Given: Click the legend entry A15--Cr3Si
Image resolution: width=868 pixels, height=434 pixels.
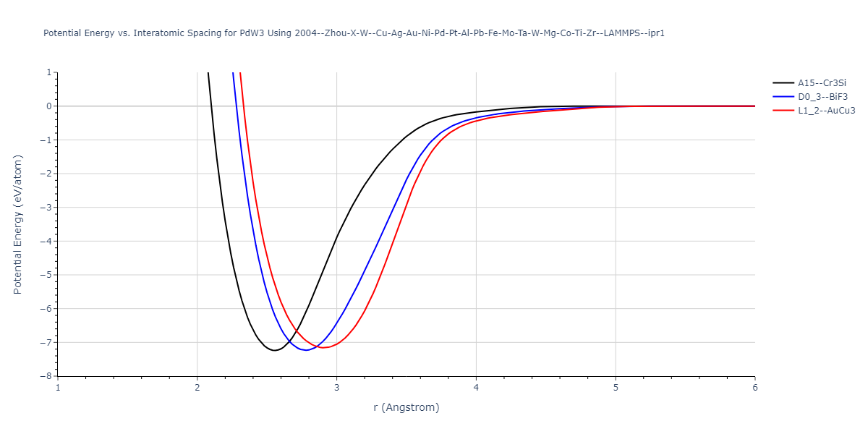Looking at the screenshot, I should click(822, 83).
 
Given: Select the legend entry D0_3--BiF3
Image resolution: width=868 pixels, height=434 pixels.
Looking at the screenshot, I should click(822, 97).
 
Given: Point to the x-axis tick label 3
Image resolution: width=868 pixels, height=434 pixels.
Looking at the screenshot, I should click(336, 387).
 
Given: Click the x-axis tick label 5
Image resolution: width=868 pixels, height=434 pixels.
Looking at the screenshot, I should click(616, 387).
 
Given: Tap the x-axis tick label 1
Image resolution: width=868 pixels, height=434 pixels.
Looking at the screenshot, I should click(58, 387).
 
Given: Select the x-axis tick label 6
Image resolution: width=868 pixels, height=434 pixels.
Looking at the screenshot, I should click(754, 387).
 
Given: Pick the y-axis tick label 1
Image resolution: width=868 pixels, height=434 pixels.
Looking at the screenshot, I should click(48, 72).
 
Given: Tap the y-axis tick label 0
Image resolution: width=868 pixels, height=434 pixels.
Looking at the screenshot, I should click(48, 106).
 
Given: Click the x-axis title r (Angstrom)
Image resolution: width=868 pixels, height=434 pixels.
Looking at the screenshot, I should click(406, 407).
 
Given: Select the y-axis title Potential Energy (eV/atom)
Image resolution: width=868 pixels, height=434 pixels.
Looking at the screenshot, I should click(18, 224).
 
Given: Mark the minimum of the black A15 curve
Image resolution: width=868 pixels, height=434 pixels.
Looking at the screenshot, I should click(274, 351).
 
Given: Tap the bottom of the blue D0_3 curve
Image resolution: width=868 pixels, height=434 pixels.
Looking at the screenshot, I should click(306, 350).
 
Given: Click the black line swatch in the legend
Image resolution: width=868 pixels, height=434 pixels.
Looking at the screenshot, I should click(783, 83).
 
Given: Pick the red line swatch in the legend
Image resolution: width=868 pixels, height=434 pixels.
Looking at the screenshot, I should click(783, 111).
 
